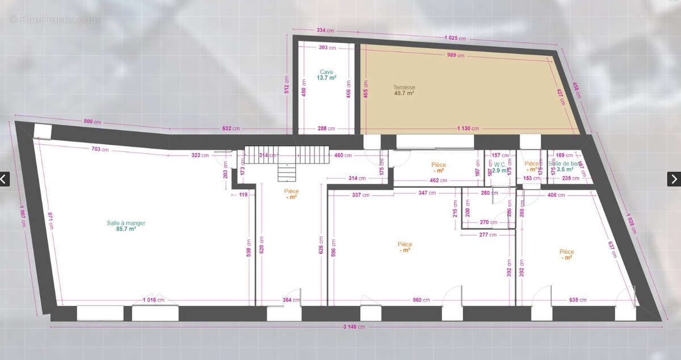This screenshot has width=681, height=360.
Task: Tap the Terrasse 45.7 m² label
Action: coord(403,90)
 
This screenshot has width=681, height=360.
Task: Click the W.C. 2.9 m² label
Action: coord(499,168)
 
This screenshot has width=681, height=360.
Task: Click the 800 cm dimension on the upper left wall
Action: coord(93,121)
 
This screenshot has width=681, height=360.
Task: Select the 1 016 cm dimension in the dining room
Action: coord(153,299)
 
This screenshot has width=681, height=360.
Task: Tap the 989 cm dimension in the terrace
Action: coord(456,55)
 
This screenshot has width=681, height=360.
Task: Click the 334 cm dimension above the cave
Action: coord(324,31)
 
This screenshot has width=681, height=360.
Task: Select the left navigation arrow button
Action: coord(5,179)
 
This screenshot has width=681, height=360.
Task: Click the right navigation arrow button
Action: coord(674,179)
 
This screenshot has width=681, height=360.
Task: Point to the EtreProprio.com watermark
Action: coord(54,19)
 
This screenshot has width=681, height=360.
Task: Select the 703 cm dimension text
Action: coord(100,149)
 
